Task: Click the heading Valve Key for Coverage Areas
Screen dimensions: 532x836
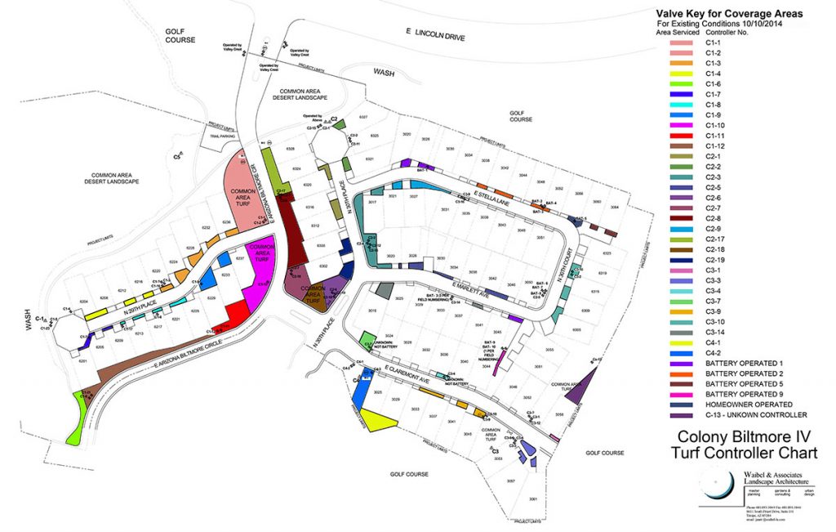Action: [730, 14]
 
